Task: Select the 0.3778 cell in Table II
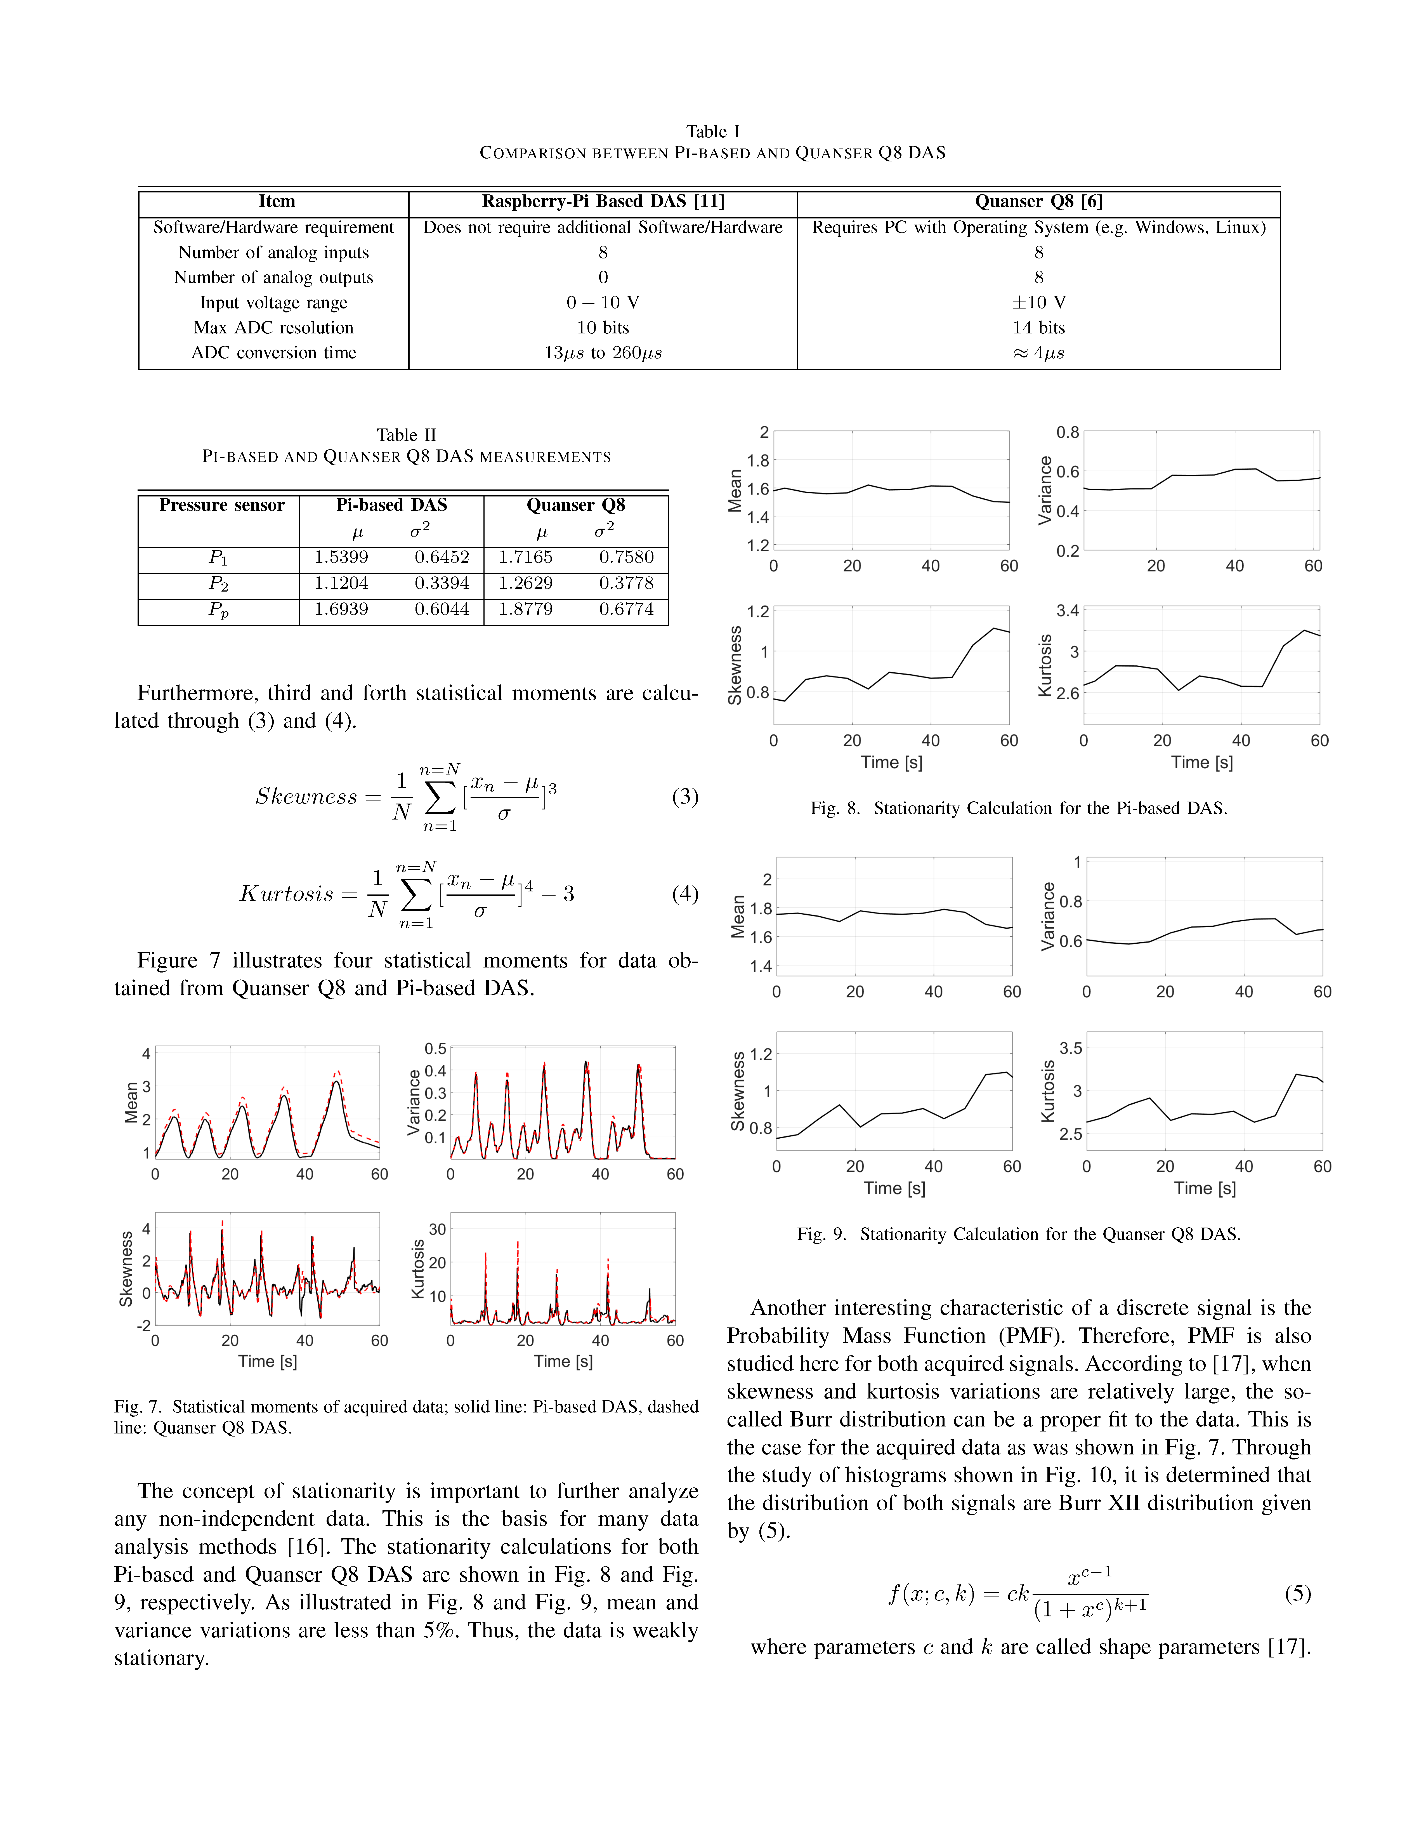point(626,583)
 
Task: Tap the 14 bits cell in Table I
point(1038,328)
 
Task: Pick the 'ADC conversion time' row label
point(274,352)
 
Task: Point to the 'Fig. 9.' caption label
point(821,1234)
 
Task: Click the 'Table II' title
point(406,435)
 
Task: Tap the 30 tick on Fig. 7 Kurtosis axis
point(437,1229)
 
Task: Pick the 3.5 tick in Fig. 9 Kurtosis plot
point(1070,1048)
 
